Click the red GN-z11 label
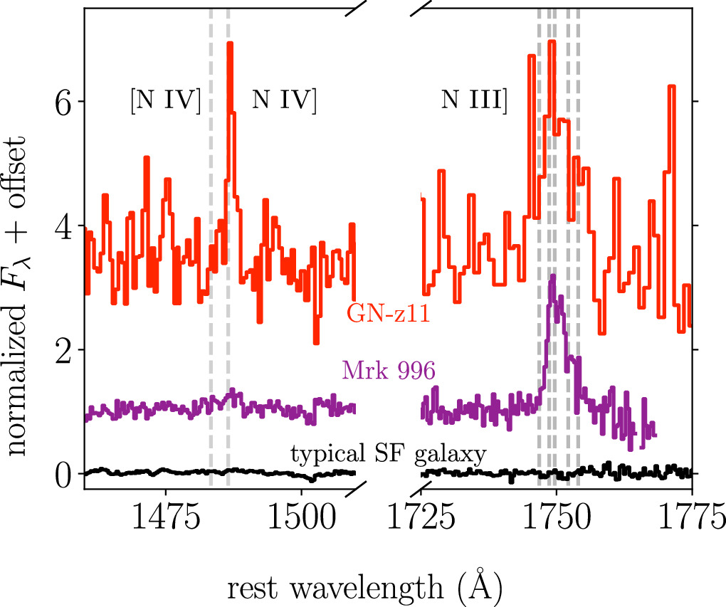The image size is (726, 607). point(389,313)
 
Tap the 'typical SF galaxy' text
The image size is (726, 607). point(388,453)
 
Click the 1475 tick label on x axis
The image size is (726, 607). point(166,517)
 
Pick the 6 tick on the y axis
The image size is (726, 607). point(63,101)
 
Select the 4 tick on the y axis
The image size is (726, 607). point(63,226)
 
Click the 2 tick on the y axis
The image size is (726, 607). point(63,349)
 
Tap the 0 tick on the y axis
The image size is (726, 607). point(63,474)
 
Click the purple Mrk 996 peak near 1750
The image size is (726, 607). point(552,278)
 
